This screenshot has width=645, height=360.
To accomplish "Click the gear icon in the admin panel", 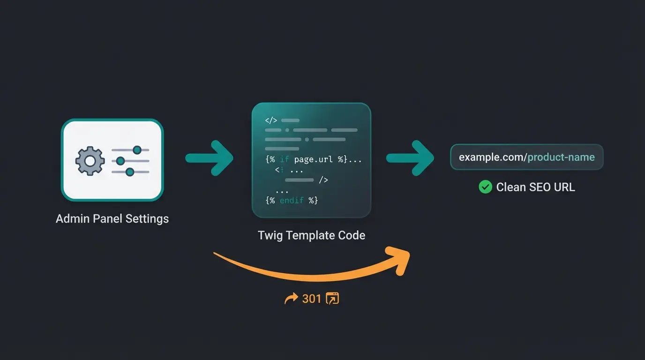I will (90, 161).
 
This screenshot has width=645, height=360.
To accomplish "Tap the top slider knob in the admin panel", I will (137, 150).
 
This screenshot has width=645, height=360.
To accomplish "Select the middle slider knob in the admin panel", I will (120, 161).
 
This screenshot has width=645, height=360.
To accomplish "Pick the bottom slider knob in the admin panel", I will (130, 172).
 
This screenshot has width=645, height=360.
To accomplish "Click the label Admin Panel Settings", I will (112, 218).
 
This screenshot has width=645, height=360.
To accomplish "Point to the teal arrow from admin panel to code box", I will (209, 157).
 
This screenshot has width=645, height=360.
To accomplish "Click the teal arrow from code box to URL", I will (410, 157).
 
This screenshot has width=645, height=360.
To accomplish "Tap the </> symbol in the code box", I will (271, 120).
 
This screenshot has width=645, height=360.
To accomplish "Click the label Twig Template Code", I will (311, 235).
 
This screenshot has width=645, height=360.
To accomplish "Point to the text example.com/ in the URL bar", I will (492, 157).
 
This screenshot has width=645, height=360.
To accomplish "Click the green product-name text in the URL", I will (561, 157).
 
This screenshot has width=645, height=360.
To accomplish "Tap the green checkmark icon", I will (485, 187).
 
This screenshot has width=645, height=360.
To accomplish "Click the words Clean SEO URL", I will (535, 187).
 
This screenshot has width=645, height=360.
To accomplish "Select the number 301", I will (312, 299).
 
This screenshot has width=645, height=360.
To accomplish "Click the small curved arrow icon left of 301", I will (291, 299).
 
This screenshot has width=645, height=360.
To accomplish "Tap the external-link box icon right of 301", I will (332, 299).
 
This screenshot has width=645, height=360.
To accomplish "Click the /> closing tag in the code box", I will (323, 180).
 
